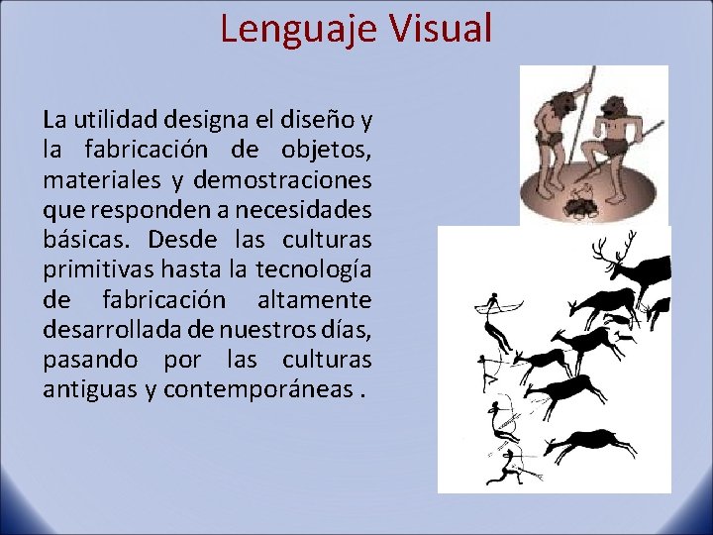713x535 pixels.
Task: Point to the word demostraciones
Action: [x=282, y=181]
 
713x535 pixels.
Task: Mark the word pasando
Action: [x=89, y=359]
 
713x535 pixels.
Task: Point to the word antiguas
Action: [x=90, y=389]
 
